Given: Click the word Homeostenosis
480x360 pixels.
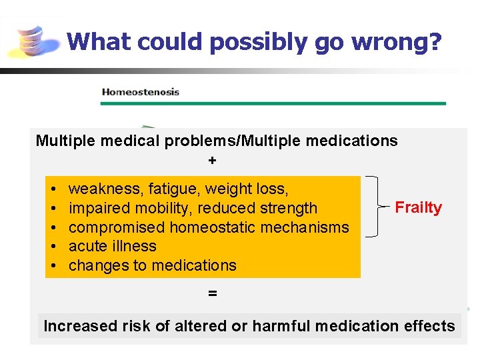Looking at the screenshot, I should tap(140, 92).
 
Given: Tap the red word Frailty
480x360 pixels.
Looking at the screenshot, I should tap(418, 207).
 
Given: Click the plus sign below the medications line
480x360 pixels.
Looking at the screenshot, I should tap(212, 160).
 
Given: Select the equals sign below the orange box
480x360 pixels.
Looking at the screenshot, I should tap(212, 293).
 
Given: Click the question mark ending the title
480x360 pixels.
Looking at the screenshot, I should tap(435, 41).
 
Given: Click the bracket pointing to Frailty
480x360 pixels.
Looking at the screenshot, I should tap(375, 207).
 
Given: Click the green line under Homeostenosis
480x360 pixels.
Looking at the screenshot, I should tap(273, 103).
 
